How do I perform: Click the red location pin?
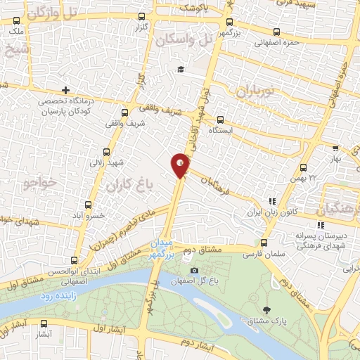tap(180, 165)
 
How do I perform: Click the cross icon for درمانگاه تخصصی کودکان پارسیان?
tap(65, 90)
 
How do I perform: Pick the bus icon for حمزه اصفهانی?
tap(276, 32)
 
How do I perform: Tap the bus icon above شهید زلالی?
tap(107, 151)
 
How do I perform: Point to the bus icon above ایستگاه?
tap(221, 119)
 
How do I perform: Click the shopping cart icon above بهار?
tap(336, 148)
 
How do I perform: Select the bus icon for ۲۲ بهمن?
tap(303, 167)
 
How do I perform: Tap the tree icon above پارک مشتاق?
tap(266, 309)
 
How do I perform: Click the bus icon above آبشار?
tap(45, 324)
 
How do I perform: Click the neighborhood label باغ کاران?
tap(129, 187)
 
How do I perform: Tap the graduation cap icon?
tap(180, 69)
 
